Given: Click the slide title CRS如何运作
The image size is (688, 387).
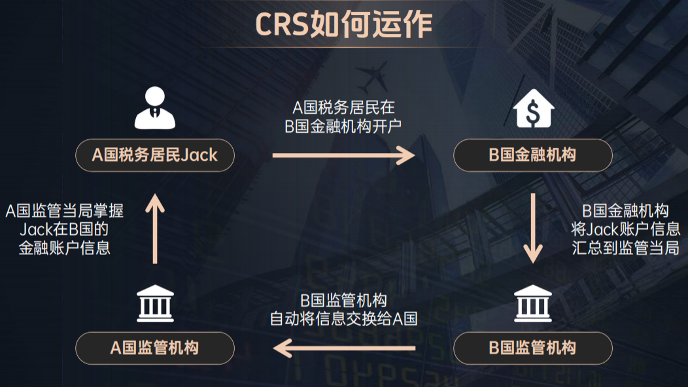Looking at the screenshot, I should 343,24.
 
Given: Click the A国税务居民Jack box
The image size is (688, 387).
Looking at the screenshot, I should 155,155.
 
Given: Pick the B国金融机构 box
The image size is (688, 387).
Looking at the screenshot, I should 533,155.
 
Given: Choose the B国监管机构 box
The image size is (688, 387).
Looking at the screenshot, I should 533,348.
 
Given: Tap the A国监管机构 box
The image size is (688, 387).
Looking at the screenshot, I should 155,348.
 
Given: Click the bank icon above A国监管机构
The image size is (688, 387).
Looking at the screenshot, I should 155,304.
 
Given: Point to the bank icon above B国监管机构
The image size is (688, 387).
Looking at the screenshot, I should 533,304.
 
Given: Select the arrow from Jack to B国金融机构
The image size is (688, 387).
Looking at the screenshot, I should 343,155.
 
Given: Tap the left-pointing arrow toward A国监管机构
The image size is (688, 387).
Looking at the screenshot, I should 343,348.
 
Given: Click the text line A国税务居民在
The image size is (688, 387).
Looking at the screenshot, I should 343,107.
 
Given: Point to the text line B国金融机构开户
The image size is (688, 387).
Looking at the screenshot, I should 343,126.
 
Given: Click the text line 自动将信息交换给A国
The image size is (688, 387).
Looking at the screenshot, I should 343,320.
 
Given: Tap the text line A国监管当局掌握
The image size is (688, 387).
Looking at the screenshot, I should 65,210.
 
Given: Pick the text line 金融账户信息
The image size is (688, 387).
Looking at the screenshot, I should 65,248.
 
